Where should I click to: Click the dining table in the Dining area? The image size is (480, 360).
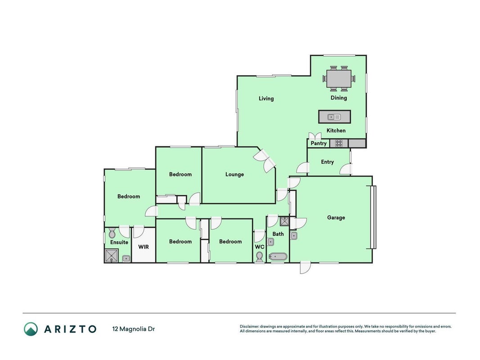[x=339, y=79]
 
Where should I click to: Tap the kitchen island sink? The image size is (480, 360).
[x=334, y=117]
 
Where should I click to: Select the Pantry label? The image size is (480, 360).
[x=319, y=143]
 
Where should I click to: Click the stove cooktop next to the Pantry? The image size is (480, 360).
[x=339, y=143]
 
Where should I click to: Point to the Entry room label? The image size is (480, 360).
[x=327, y=162]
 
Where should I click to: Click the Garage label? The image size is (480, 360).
[x=336, y=218]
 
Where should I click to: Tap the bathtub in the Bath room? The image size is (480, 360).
[x=278, y=256]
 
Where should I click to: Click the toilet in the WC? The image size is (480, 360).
[x=260, y=256]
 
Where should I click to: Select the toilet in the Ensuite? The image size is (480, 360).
[x=112, y=233]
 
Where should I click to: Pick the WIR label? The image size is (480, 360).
[x=143, y=247]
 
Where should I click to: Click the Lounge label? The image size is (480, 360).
[x=234, y=175]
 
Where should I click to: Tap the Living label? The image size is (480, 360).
[x=266, y=99]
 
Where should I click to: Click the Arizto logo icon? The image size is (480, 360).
[x=31, y=329]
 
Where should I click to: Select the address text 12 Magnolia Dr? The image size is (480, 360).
[x=134, y=329]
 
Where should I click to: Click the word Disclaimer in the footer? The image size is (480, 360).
[x=249, y=327]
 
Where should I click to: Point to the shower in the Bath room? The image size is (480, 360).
[x=284, y=221]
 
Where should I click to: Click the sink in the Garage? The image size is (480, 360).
[x=294, y=236]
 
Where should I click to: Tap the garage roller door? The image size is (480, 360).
[x=373, y=217]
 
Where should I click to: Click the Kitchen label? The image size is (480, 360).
[x=336, y=130]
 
